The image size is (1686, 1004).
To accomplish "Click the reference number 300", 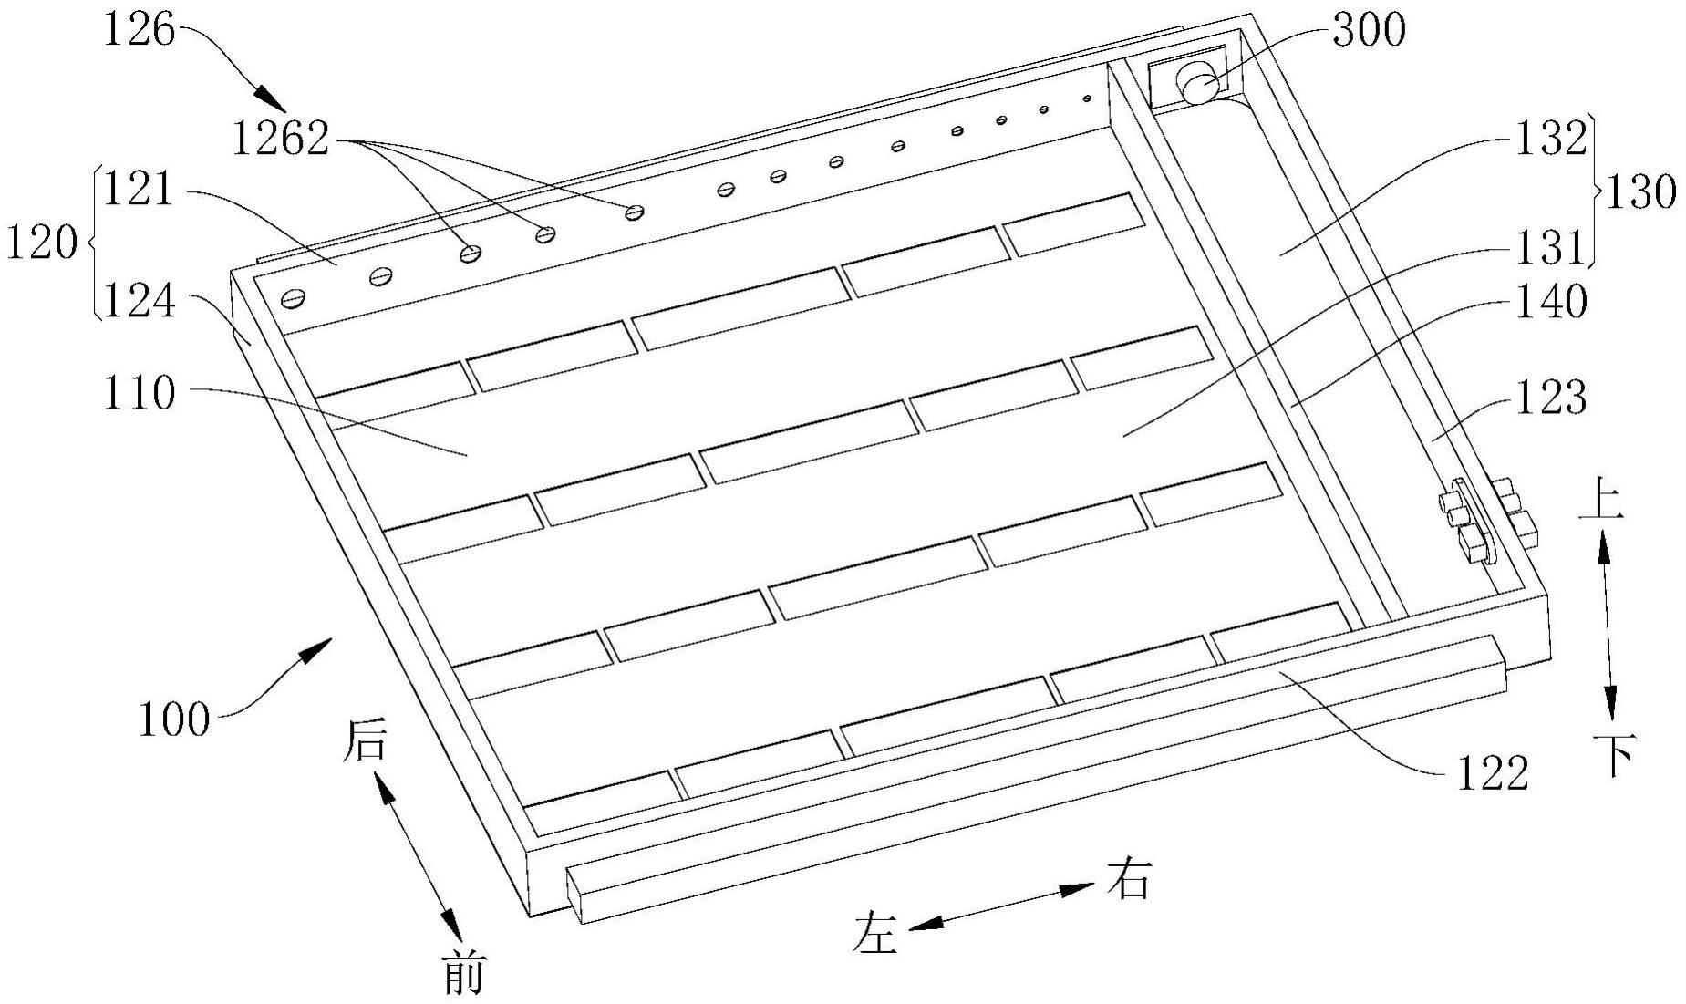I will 1369,30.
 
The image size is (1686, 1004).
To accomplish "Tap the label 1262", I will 280,140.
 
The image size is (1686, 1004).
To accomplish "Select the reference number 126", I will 139,30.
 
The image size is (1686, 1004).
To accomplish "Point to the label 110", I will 139,394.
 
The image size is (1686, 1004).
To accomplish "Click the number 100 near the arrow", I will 174,719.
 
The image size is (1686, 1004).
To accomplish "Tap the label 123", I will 1551,398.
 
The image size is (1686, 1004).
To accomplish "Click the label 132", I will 1551,140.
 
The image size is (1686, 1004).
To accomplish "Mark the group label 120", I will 41,243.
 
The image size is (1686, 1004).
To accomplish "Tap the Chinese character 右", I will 1129,879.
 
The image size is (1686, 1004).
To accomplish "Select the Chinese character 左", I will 875,934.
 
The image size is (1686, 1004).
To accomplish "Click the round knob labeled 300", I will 1197,84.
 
